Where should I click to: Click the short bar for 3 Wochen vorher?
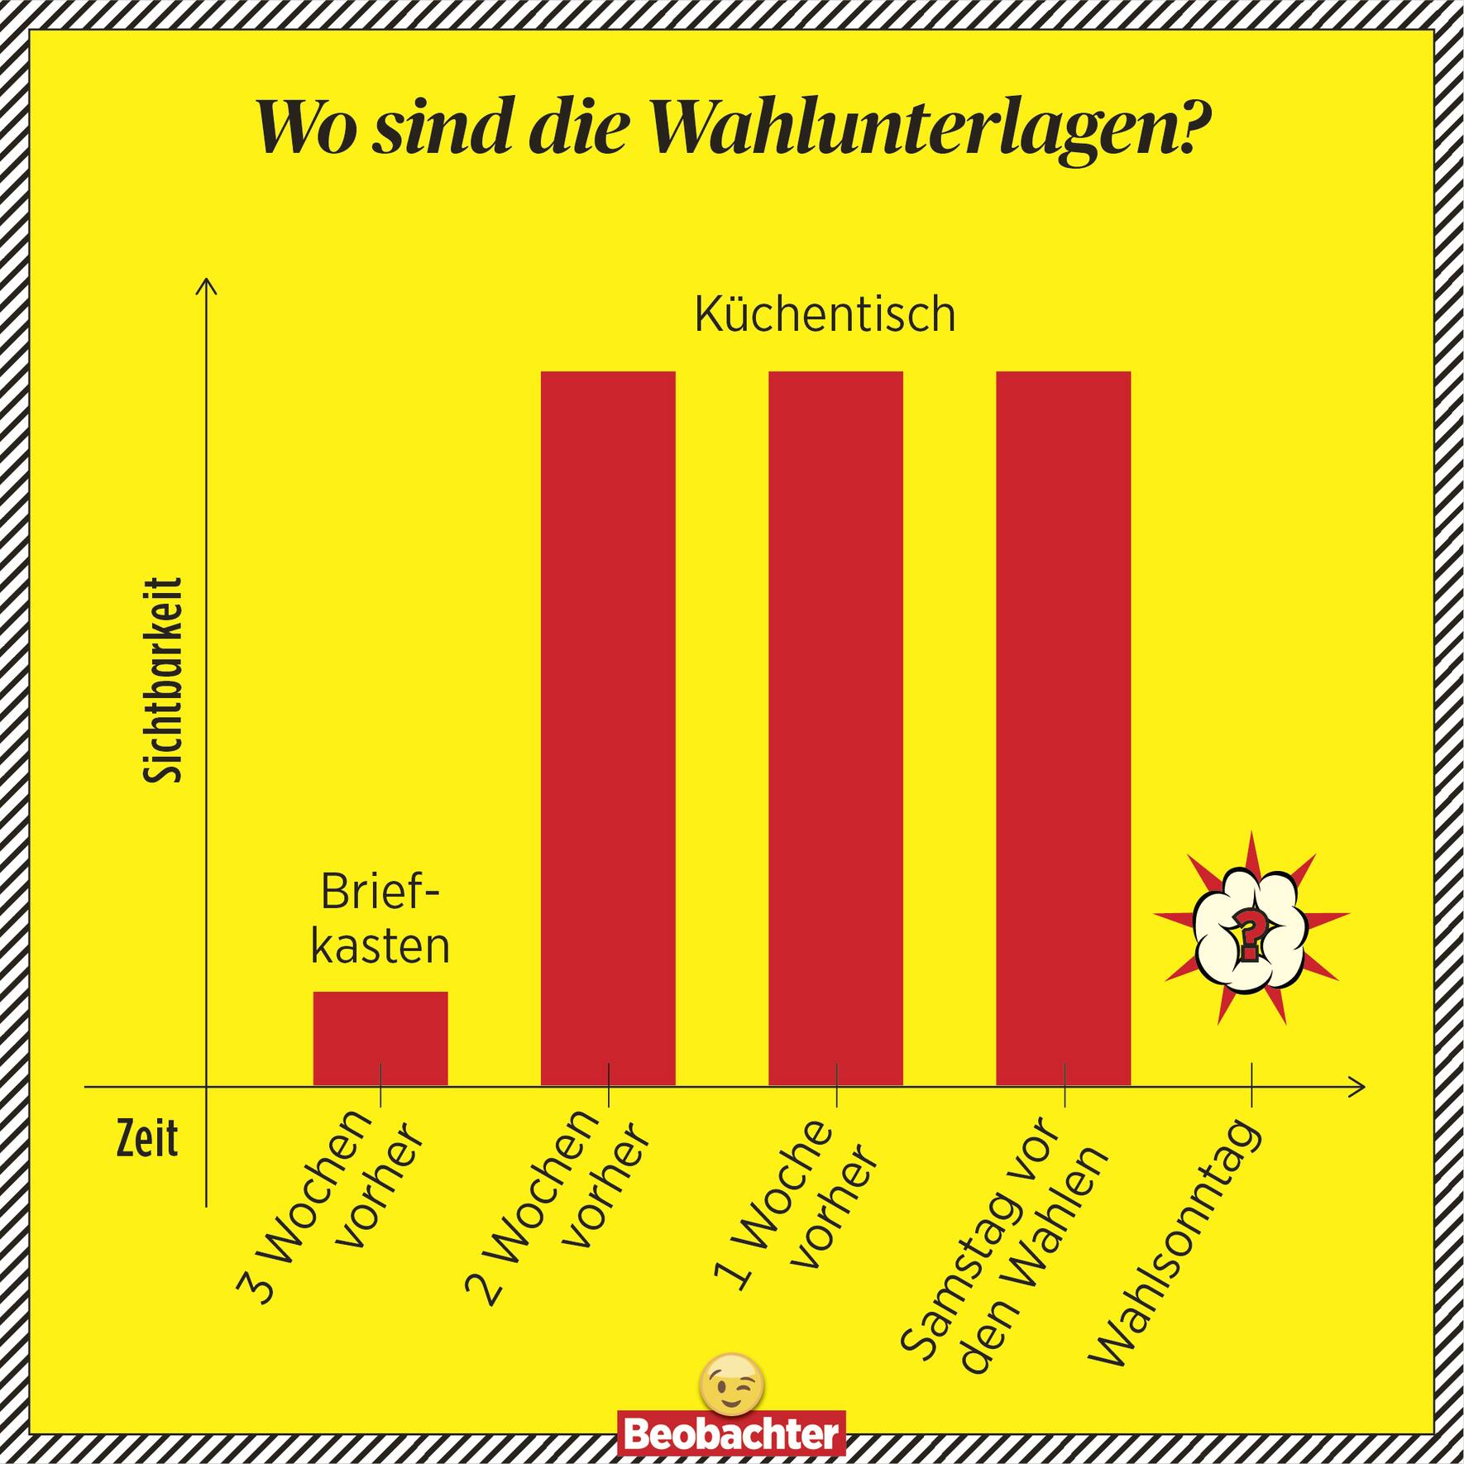click(x=380, y=1038)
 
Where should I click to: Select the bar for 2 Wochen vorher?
click(x=608, y=728)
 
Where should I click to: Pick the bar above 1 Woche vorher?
click(x=835, y=728)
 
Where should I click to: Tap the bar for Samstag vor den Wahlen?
click(x=1063, y=728)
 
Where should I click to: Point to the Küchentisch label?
click(x=825, y=315)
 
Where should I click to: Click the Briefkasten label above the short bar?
click(x=380, y=919)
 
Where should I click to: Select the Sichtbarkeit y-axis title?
click(x=163, y=680)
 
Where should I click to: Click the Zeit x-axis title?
click(x=146, y=1140)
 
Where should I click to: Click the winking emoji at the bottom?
click(x=731, y=1383)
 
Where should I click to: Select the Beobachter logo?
click(x=732, y=1433)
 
